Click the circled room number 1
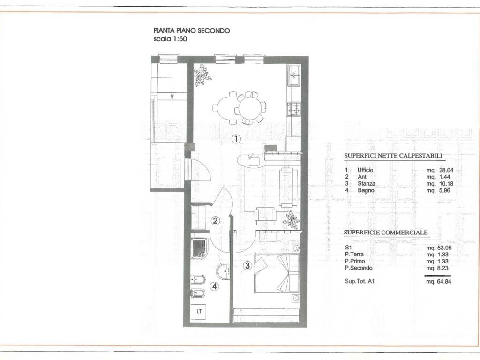[236, 139]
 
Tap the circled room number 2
[216, 220]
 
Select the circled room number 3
[247, 265]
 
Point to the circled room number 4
[215, 286]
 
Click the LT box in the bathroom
[199, 312]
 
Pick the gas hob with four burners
[293, 109]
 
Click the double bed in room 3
[277, 273]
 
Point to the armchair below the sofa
[265, 216]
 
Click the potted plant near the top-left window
[202, 75]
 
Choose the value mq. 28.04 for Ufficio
[440, 170]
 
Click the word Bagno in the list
[366, 190]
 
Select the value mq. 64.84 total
[438, 281]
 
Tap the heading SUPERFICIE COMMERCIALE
[386, 232]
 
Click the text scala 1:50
[170, 39]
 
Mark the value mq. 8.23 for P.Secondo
[437, 268]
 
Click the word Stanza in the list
[367, 184]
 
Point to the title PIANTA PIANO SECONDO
[192, 30]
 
